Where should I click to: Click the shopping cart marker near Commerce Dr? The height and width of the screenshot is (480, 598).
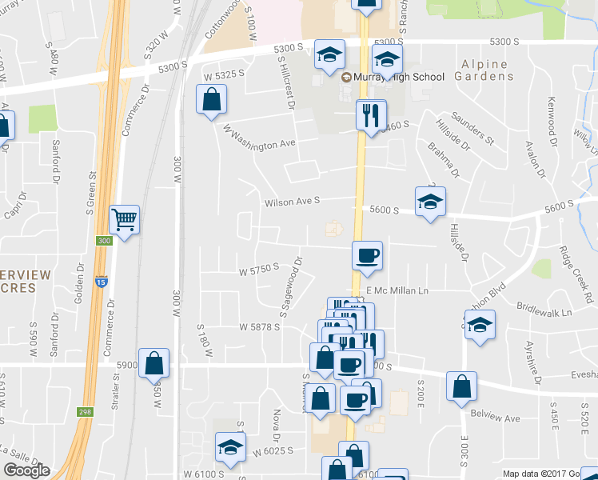point(124,218)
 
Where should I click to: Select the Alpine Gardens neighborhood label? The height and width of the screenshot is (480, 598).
point(486,70)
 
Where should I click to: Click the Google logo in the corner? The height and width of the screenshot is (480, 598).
point(26,470)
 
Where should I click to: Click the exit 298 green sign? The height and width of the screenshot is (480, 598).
point(85,411)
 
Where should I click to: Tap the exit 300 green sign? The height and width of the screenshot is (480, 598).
point(103,241)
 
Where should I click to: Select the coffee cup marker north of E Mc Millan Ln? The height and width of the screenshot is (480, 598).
point(367,255)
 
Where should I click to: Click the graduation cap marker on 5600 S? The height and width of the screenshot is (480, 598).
point(430,201)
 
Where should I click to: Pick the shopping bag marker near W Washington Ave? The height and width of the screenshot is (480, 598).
point(211,100)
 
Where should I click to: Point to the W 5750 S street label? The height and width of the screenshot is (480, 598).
point(258,271)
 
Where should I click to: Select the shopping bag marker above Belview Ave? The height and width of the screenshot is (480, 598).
point(461,386)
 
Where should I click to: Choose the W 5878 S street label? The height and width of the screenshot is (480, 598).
point(260,326)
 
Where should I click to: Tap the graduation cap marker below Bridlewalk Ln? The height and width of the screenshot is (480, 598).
point(480,325)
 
